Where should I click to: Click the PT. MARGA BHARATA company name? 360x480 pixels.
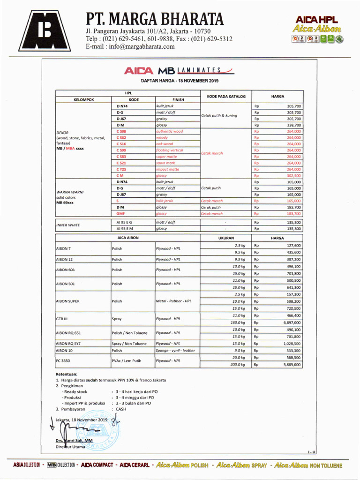coord(154,19)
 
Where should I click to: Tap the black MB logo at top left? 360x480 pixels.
coord(45,30)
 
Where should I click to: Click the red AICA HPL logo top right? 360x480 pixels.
coord(317,19)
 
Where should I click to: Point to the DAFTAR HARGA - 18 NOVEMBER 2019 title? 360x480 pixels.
coord(180,81)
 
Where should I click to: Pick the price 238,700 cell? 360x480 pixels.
coord(294,125)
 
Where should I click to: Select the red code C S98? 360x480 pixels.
coord(122,132)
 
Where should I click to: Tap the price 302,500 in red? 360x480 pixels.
coord(294,175)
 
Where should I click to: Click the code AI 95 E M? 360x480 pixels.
coord(124,229)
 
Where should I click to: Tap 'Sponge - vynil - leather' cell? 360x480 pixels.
coord(175,350)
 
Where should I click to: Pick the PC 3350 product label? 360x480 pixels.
coord(63,360)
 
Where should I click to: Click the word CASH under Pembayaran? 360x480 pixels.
coord(121,409)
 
